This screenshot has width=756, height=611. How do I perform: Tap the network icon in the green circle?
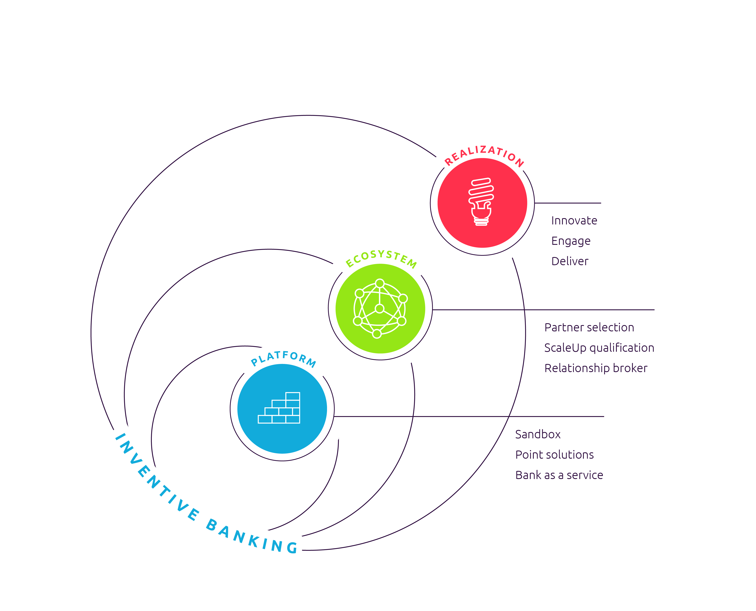coord(380,308)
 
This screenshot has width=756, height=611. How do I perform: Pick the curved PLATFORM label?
coord(283,358)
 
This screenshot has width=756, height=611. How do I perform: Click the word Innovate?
coord(574,221)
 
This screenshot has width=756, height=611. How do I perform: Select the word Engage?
coord(571,241)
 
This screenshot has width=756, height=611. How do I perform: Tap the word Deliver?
coord(570,261)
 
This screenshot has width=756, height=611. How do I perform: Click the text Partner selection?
coord(589,327)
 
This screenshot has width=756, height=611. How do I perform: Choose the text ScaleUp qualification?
coord(599,348)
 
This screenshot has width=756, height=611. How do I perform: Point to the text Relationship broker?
coord(596,368)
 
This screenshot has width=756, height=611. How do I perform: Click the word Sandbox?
coord(538,434)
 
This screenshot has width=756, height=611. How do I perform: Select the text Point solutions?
coord(554,455)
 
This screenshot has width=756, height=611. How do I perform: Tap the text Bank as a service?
coord(559,475)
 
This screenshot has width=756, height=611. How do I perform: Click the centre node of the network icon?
coord(379,309)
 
